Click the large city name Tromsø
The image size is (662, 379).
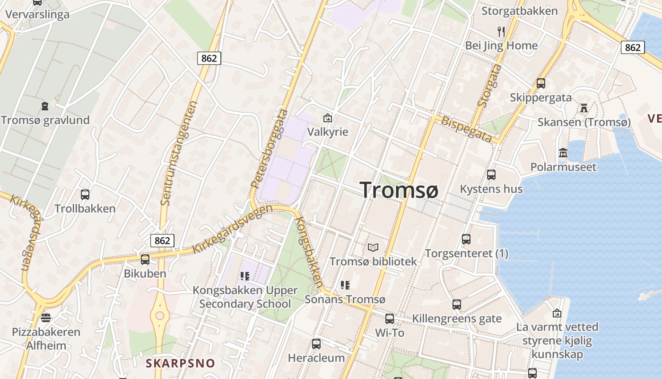[x=399, y=190]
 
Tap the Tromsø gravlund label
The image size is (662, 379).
[x=45, y=120]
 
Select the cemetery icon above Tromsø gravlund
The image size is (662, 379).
[x=45, y=106]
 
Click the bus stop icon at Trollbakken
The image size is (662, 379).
[x=85, y=194]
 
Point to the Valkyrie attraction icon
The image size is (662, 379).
[x=327, y=118]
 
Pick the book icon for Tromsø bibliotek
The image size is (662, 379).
[x=373, y=247]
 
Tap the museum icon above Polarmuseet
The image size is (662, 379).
[x=563, y=153]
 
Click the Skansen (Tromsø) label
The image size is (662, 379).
[x=584, y=122]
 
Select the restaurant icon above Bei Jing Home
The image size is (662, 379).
[x=501, y=32]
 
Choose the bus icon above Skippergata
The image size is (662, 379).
[x=541, y=83]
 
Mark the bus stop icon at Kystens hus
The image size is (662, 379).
[x=491, y=175]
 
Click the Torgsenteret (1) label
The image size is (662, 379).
[x=466, y=253]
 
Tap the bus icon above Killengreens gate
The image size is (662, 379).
[x=457, y=305]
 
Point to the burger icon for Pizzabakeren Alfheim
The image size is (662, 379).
[x=46, y=317]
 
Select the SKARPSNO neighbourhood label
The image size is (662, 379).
[x=180, y=363]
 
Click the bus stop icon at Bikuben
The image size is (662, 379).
[x=145, y=260]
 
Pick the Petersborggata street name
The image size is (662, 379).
[x=270, y=149]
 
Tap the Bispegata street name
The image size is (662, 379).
[x=466, y=128]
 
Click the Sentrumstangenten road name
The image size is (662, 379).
[x=179, y=153]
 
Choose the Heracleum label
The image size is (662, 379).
[x=316, y=358]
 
